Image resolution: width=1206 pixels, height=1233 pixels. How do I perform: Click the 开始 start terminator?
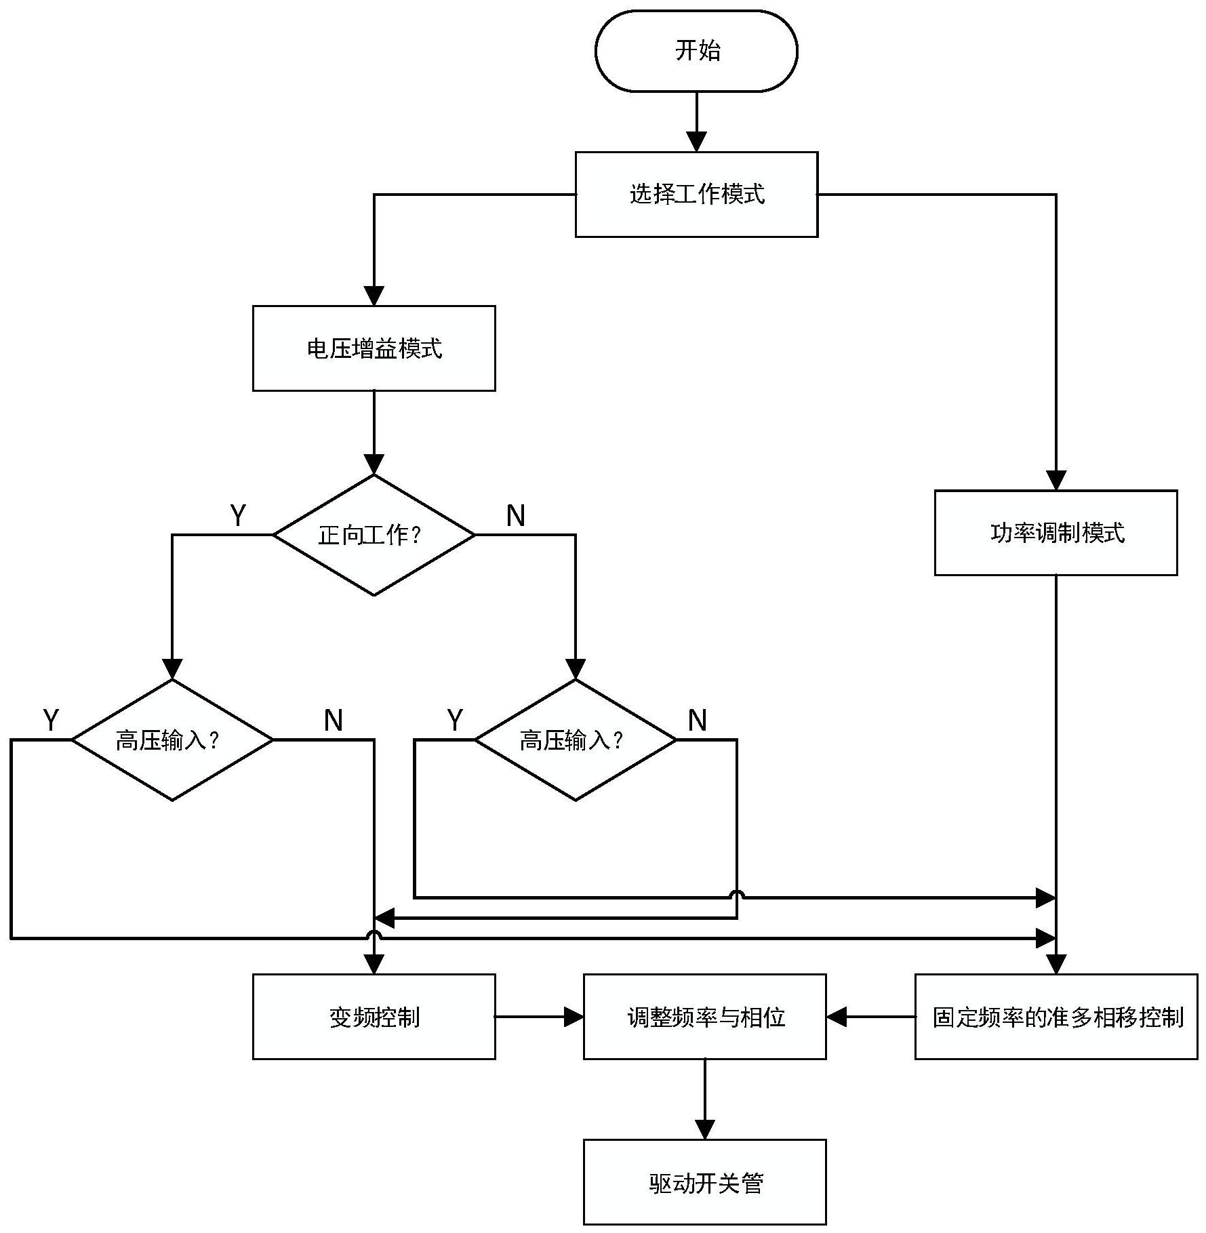(696, 51)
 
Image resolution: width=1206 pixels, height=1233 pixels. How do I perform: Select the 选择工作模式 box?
(696, 195)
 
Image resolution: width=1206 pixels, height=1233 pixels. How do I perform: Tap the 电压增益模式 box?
(374, 348)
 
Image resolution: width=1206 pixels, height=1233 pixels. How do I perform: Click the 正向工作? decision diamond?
(374, 535)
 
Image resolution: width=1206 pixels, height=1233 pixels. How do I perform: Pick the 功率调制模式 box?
(1056, 533)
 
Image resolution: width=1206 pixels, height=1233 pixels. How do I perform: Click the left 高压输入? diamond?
(172, 740)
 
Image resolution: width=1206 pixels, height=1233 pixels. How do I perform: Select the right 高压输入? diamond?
(575, 740)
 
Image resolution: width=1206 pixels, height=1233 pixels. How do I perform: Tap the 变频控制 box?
(374, 1017)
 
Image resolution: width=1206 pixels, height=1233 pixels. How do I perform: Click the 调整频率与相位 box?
(704, 1017)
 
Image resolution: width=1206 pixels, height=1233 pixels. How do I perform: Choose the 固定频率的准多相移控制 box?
(1056, 1017)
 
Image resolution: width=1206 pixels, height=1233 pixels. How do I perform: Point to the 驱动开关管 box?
(704, 1182)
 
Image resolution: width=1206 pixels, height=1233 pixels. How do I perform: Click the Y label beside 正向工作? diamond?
(238, 516)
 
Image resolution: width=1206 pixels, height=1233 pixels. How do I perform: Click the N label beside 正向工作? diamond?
(516, 516)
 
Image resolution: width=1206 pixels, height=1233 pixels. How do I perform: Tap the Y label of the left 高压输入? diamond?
(51, 720)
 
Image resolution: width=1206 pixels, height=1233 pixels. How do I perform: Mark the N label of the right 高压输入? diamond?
(698, 720)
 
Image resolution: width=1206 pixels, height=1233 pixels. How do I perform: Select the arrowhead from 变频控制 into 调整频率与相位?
(574, 1017)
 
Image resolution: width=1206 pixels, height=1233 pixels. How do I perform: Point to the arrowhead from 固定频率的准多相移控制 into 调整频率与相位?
(837, 1017)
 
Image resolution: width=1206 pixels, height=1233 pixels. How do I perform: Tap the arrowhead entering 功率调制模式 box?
(1056, 481)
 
